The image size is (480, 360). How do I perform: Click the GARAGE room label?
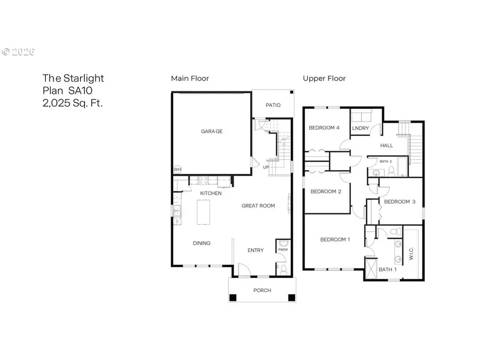coord(212,131)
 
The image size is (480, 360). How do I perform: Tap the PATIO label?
coord(273,105)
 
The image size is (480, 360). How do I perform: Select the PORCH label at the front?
coord(262,290)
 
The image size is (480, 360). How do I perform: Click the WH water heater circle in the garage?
coord(177,170)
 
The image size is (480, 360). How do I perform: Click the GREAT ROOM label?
coord(258,205)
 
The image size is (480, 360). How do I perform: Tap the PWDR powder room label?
coord(283,249)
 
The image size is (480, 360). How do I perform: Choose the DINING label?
coord(202,243)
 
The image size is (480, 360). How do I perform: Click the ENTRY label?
coord(255,251)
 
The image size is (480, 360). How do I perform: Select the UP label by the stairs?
coord(266,167)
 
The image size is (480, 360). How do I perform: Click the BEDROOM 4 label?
coord(324,127)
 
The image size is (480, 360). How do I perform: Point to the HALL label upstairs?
coord(386,145)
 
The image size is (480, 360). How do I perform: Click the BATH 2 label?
coord(386,161)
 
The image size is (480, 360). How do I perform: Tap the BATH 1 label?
coord(388,269)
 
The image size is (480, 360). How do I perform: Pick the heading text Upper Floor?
coord(324,78)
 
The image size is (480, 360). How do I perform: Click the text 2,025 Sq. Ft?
coord(73,103)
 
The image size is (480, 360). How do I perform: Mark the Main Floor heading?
coord(190,78)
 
